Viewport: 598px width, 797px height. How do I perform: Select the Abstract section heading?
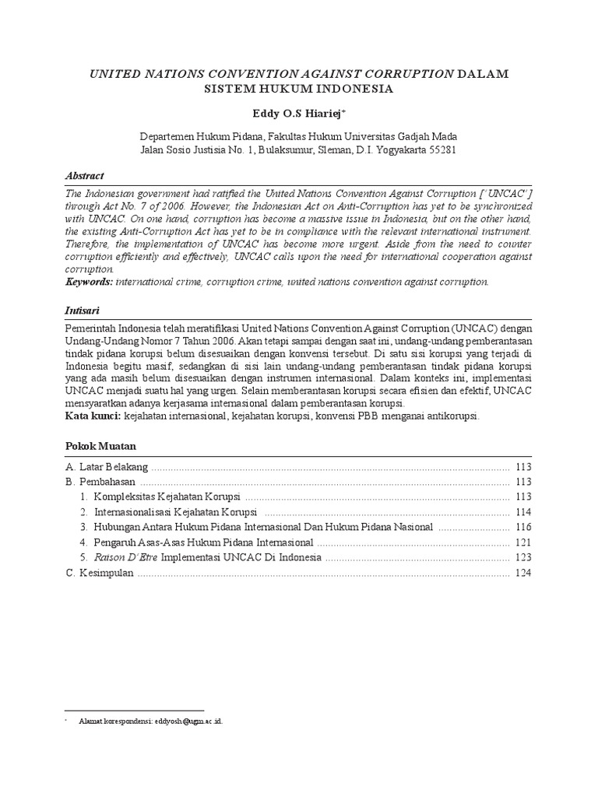(83, 176)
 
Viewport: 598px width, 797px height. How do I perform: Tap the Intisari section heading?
(83, 310)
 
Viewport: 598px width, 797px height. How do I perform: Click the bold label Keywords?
(88, 282)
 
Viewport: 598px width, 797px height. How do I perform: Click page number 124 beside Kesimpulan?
(522, 573)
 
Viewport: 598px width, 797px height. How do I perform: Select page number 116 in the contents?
(522, 527)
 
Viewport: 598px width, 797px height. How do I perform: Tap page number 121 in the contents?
(522, 542)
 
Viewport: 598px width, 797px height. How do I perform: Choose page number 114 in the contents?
(522, 512)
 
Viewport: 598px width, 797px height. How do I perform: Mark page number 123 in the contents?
(522, 558)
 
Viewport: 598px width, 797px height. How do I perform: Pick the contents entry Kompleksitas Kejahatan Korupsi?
(167, 497)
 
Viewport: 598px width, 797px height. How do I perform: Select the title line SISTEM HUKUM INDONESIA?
(299, 89)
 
